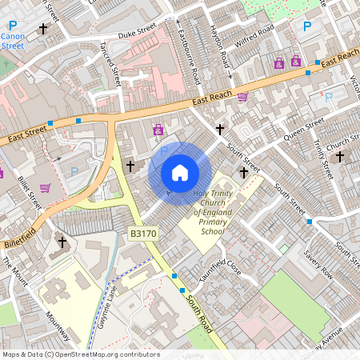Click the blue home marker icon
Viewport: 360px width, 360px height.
(x=180, y=173)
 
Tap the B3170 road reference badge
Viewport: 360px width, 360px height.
(x=142, y=234)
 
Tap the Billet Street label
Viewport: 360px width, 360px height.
(x=29, y=193)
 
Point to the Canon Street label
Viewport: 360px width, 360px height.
(x=13, y=42)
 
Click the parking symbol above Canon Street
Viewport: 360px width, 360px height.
(x=10, y=26)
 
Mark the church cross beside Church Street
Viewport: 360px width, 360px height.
(x=339, y=157)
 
